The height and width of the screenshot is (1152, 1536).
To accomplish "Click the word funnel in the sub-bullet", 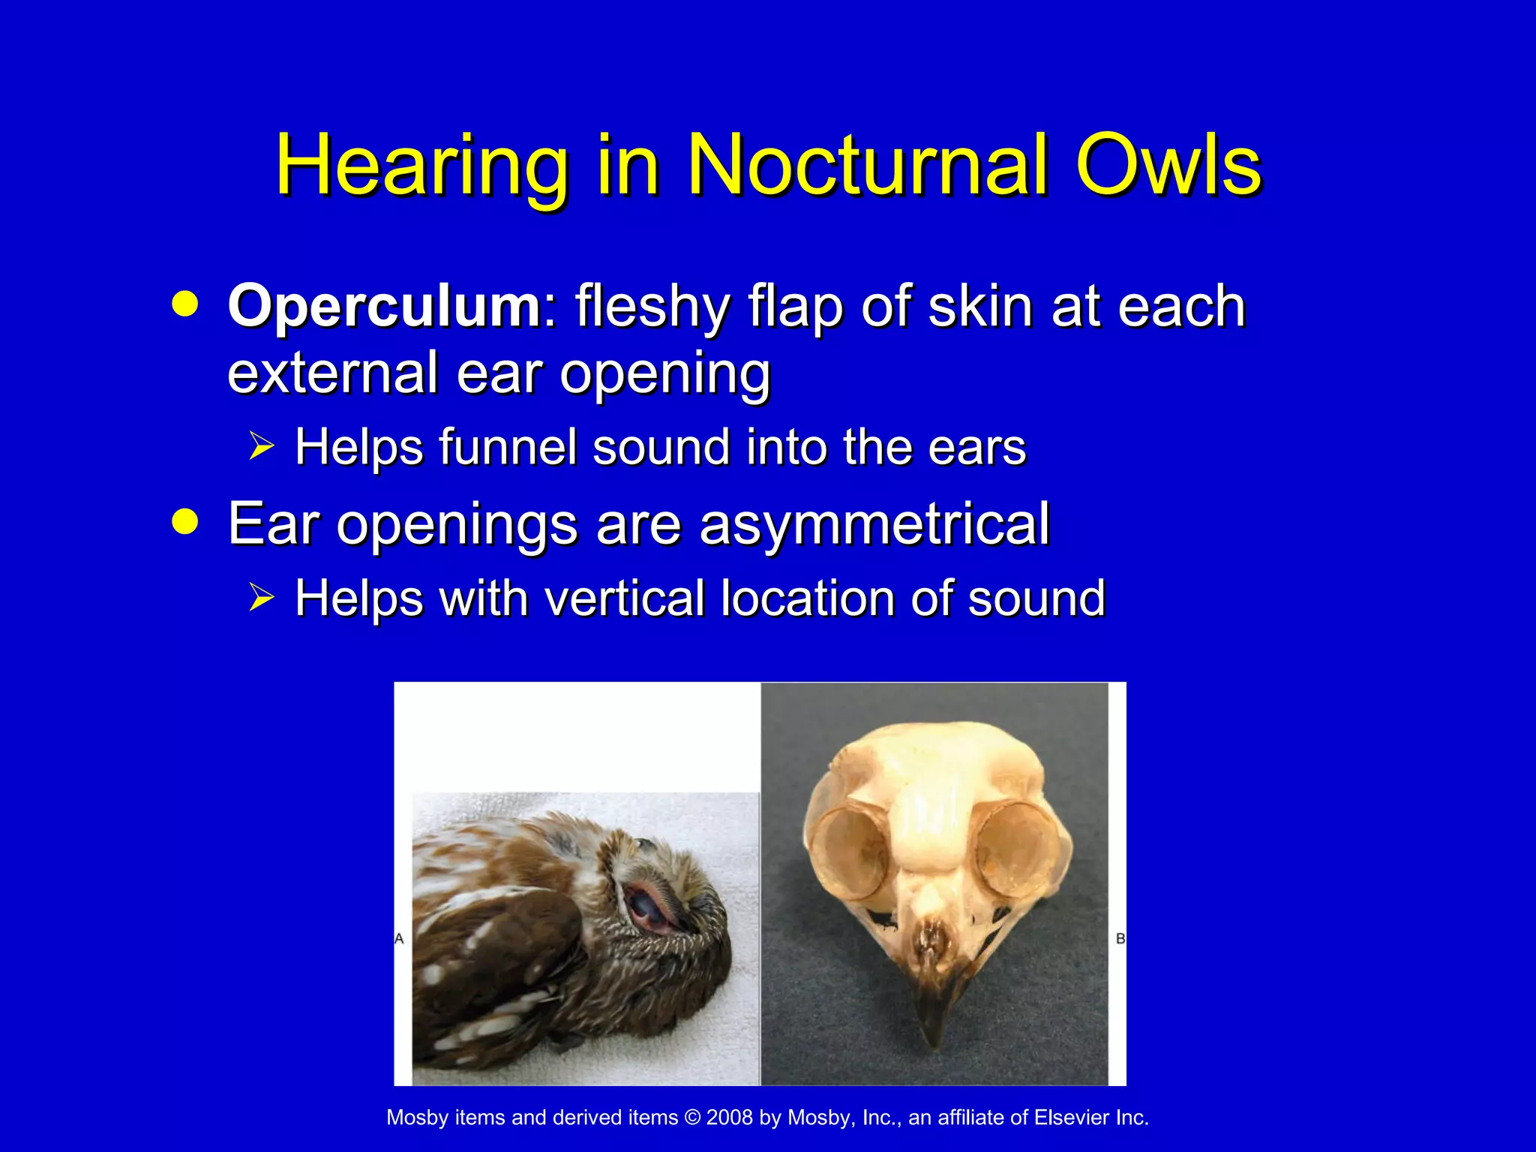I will pyautogui.click(x=510, y=447).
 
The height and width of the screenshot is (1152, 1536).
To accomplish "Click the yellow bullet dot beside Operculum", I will pyautogui.click(x=185, y=304).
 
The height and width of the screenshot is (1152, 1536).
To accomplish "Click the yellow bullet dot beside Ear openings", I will pyautogui.click(x=185, y=521).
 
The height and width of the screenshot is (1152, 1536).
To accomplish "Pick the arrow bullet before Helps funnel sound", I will pyautogui.click(x=262, y=447).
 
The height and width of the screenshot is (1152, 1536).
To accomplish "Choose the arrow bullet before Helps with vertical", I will pyautogui.click(x=262, y=598).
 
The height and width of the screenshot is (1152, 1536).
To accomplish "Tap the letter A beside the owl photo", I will pyautogui.click(x=399, y=938).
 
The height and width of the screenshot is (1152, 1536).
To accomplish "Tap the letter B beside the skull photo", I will pyautogui.click(x=1120, y=938).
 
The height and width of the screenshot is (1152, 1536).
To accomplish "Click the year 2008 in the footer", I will pyautogui.click(x=729, y=1117).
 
